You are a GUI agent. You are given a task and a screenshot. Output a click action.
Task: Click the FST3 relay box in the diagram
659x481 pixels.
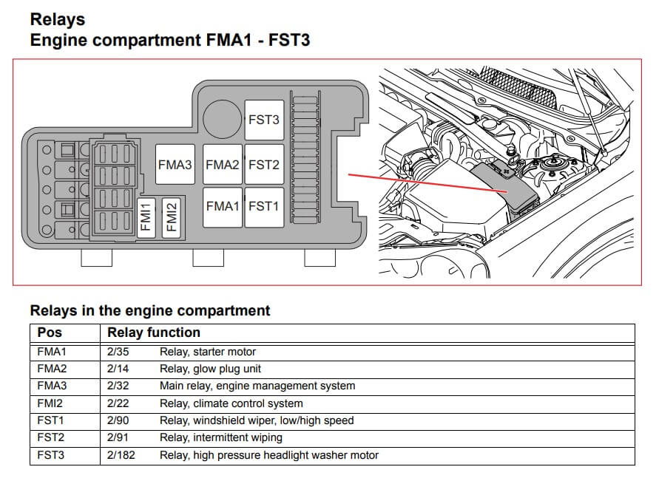(x=264, y=120)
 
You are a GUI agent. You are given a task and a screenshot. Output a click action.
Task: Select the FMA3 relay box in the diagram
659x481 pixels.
(x=175, y=165)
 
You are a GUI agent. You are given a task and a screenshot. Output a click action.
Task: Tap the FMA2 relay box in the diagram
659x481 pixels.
(x=222, y=165)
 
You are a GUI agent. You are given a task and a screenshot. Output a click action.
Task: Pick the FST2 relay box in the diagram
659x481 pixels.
(x=264, y=165)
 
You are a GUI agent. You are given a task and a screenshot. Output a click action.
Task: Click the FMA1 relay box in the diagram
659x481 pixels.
(x=222, y=206)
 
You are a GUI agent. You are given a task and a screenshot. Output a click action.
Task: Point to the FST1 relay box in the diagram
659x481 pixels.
(x=264, y=206)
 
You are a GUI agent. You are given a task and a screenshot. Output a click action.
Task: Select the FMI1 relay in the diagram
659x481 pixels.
(x=146, y=217)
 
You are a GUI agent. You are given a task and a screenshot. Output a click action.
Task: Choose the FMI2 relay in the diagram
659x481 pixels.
(x=171, y=217)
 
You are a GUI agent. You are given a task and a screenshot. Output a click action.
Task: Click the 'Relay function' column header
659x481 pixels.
(x=153, y=332)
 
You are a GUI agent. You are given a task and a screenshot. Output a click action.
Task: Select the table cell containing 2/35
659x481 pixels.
(x=118, y=352)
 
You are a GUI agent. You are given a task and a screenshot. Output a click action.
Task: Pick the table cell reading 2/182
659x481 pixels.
(x=121, y=455)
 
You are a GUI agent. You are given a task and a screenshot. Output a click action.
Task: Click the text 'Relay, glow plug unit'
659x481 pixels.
(x=210, y=369)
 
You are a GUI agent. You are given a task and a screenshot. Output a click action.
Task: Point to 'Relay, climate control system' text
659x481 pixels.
(x=231, y=403)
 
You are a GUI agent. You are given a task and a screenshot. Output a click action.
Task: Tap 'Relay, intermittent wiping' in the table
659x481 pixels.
(x=220, y=437)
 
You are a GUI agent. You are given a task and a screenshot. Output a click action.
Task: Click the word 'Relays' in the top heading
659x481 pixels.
(x=57, y=19)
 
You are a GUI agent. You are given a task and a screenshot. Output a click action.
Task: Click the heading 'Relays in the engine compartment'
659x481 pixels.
(x=149, y=310)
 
